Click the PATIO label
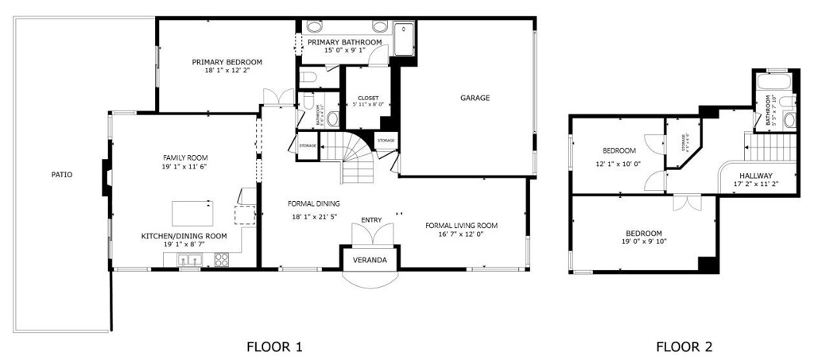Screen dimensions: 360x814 coord(62,174)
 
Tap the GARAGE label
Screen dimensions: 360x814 coord(475,99)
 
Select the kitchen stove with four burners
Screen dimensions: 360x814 coord(221,259)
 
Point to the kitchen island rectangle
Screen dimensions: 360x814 coord(192,214)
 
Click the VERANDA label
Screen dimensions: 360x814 coord(370,260)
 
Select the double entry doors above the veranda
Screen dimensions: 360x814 coord(371,234)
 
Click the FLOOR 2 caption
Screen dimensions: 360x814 coord(684,346)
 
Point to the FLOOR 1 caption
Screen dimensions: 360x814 coord(275,346)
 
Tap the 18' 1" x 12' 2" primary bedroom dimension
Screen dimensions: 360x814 coord(227,71)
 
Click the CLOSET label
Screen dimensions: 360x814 coord(367,98)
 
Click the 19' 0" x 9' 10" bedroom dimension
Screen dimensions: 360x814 coord(643,242)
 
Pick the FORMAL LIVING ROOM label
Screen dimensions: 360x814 coord(461,225)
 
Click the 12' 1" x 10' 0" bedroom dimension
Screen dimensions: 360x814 coord(618,164)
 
